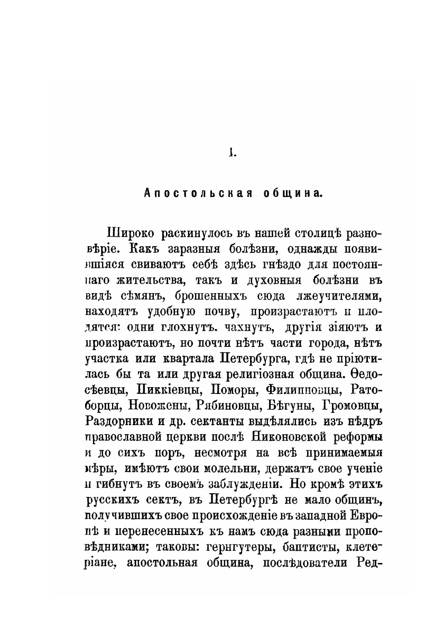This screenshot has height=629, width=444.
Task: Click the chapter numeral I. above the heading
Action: [231, 154]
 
